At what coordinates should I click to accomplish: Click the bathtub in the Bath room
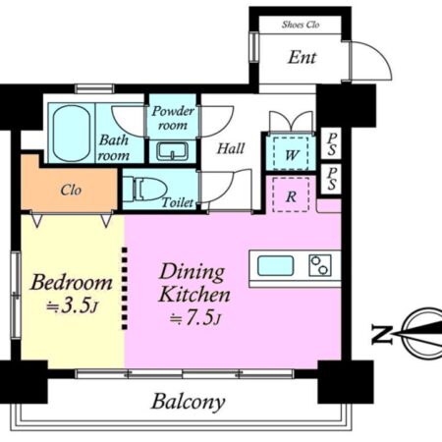tap(72, 134)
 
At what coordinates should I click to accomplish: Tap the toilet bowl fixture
tap(145, 189)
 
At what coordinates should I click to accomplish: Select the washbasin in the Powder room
tap(172, 151)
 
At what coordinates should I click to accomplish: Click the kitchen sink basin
tap(275, 266)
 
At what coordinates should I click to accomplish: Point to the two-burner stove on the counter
tap(320, 265)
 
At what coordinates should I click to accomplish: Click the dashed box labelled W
tap(291, 154)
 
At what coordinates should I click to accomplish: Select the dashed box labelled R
tap(291, 194)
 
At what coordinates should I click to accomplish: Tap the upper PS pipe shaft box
tap(331, 143)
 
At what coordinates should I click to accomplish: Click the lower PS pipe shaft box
tap(331, 180)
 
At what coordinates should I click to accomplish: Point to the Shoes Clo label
tap(301, 25)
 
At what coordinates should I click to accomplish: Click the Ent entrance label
tap(302, 58)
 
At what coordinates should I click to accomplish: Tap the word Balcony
tap(189, 402)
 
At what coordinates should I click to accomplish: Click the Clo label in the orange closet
tap(71, 190)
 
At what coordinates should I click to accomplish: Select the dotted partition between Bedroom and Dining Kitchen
tap(125, 289)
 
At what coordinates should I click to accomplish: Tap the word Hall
tap(231, 148)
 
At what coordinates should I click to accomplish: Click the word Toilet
tap(178, 202)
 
